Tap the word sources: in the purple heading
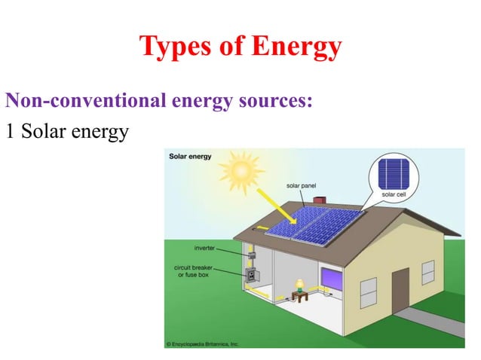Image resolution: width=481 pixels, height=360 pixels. coord(273,99)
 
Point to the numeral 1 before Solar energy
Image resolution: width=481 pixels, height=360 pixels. coord(10,131)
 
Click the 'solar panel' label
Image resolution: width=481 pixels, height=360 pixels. coord(301,185)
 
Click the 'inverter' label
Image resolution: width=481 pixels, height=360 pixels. coord(206,247)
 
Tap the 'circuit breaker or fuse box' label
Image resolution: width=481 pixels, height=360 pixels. coord(198,270)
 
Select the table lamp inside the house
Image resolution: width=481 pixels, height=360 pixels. coord(299,285)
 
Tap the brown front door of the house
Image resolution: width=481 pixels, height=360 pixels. coord(400,289)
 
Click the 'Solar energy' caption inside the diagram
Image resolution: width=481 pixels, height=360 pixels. coord(189,157)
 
